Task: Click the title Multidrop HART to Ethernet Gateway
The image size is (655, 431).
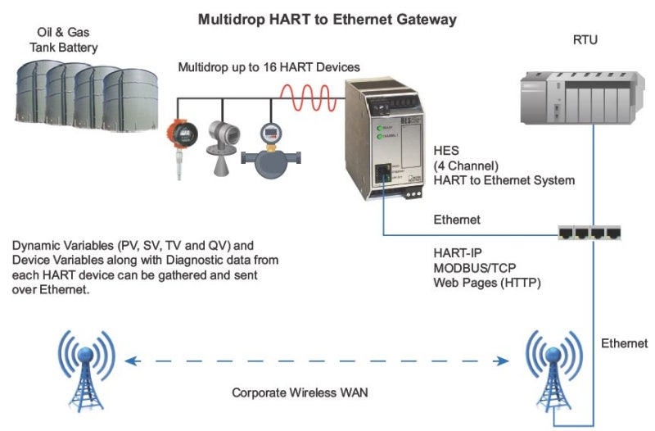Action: pyautogui.click(x=327, y=19)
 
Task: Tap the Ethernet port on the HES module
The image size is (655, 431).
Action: pyautogui.click(x=382, y=173)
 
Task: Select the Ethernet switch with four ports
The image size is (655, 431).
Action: pyautogui.click(x=588, y=234)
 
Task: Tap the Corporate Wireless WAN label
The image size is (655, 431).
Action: pyautogui.click(x=300, y=393)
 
